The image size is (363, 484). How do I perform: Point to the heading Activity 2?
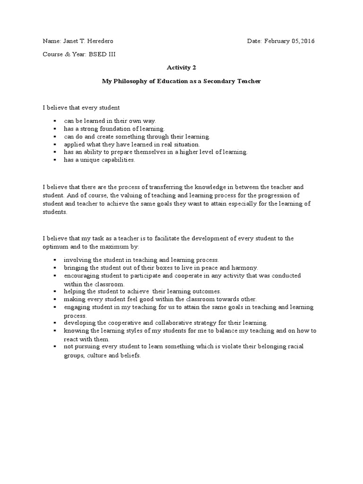click(181, 68)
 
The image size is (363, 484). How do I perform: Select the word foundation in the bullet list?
click(115, 129)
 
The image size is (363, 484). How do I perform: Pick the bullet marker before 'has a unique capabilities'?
click(55, 160)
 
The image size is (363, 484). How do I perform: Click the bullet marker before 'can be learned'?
click(55, 121)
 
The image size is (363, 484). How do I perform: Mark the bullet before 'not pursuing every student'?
click(55, 346)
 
